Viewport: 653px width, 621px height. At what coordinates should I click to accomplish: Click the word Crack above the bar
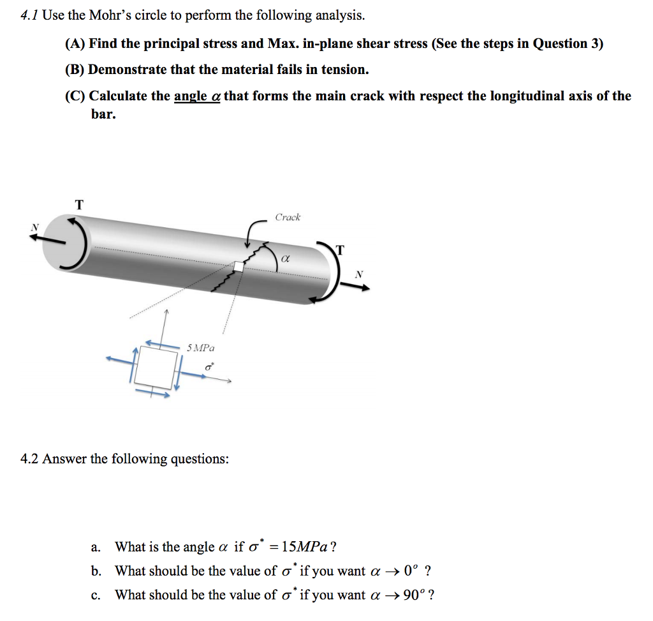pyautogui.click(x=288, y=218)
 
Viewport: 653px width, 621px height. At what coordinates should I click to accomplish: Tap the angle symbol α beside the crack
pyautogui.click(x=285, y=260)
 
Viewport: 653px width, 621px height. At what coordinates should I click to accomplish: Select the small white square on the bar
pyautogui.click(x=238, y=267)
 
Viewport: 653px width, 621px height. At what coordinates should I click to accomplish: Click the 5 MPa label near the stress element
pyautogui.click(x=201, y=348)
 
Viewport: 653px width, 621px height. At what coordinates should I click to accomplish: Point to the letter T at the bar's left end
pyautogui.click(x=79, y=205)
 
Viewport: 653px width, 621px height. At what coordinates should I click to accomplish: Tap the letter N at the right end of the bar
pyautogui.click(x=359, y=274)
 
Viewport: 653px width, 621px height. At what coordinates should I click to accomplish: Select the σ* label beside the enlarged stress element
pyautogui.click(x=209, y=368)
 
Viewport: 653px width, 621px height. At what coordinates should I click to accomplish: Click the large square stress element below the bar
pyautogui.click(x=156, y=368)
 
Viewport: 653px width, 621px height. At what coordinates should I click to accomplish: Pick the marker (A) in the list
pyautogui.click(x=75, y=44)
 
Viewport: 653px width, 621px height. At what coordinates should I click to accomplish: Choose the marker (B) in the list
pyautogui.click(x=75, y=70)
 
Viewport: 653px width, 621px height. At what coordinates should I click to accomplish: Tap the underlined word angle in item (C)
pyautogui.click(x=190, y=96)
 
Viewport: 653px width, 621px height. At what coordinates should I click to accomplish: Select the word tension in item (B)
pyautogui.click(x=343, y=70)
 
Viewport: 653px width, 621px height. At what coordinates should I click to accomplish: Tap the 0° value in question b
pyautogui.click(x=408, y=571)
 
